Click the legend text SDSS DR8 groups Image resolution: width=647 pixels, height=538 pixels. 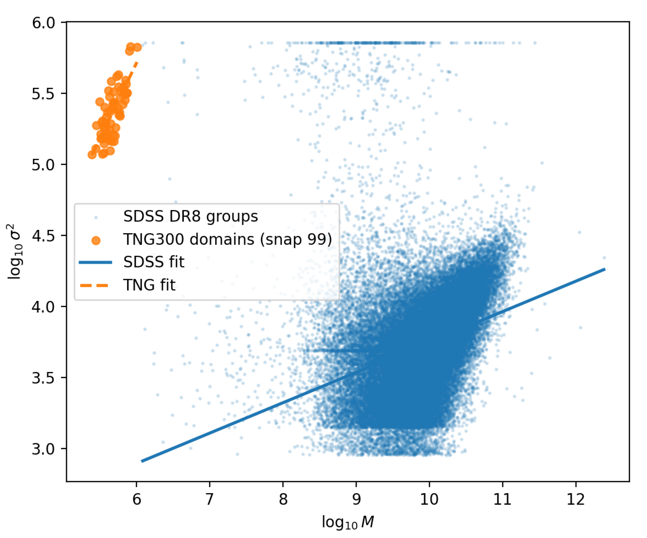click(x=190, y=216)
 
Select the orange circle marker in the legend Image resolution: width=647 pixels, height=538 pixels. click(x=96, y=240)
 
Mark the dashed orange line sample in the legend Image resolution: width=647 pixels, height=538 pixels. click(x=94, y=286)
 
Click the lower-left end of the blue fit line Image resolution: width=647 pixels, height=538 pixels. click(x=142, y=461)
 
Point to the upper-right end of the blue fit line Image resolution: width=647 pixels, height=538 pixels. click(x=604, y=269)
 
